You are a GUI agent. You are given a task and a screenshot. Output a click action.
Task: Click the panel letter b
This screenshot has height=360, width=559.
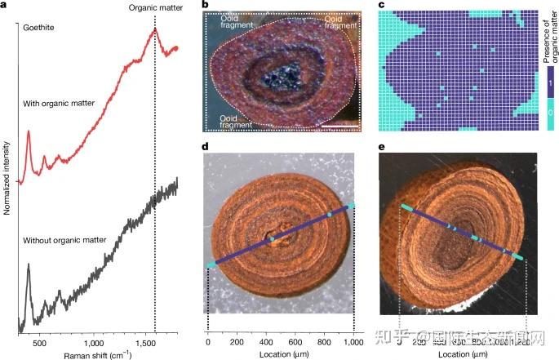(205, 6)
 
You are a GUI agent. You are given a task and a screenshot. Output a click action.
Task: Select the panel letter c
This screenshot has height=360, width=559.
(384, 6)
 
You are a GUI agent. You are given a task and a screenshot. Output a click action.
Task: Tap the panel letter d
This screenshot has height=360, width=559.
(205, 146)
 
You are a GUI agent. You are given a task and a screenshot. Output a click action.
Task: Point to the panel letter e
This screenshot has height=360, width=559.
(384, 146)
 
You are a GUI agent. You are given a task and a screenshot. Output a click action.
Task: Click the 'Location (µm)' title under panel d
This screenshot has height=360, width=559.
(281, 355)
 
